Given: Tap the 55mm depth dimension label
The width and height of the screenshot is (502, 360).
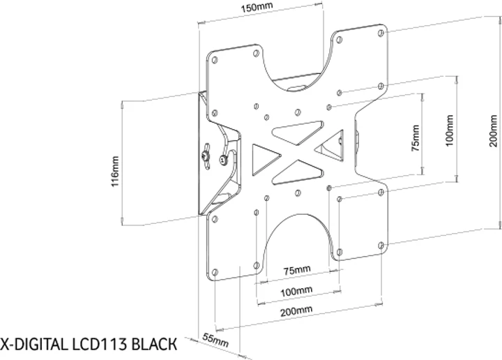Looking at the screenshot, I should [215, 341].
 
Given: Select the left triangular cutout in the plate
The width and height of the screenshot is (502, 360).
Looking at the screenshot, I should [262, 158].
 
